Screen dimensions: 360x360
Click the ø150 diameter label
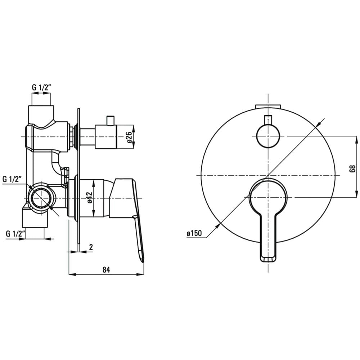click(x=194, y=233)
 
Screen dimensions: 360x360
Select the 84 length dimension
click(x=106, y=270)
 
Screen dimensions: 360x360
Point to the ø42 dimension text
click(x=90, y=197)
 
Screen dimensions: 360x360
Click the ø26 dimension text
click(x=130, y=137)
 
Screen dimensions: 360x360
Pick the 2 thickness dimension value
click(x=91, y=247)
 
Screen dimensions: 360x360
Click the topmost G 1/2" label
click(x=41, y=87)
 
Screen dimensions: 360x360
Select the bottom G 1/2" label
click(x=15, y=234)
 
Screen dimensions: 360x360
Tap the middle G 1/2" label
click(x=12, y=179)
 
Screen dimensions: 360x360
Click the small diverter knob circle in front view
click(x=268, y=136)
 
